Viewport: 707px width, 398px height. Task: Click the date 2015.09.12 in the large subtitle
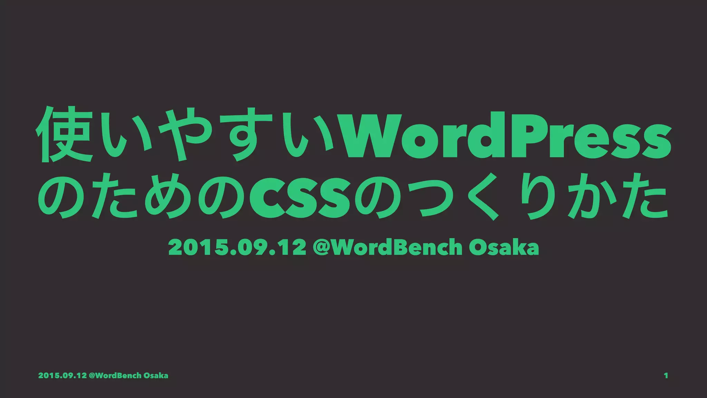click(237, 247)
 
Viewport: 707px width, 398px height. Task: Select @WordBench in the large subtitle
click(387, 247)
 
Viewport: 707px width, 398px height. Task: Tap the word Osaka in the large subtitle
click(504, 247)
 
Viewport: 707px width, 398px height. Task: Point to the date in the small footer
click(62, 376)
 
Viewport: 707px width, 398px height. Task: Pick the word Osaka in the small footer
click(156, 376)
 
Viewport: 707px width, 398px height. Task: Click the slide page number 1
click(666, 376)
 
